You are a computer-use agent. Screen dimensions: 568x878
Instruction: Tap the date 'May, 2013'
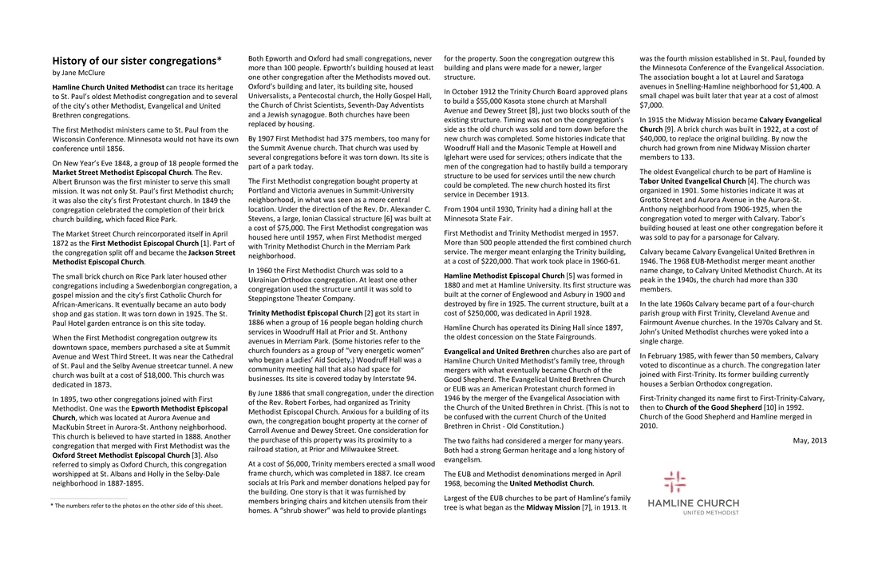(x=810, y=440)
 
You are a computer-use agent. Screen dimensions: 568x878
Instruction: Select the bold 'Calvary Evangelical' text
(x=792, y=119)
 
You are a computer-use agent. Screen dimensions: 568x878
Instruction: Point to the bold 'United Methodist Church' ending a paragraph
(x=552, y=483)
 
